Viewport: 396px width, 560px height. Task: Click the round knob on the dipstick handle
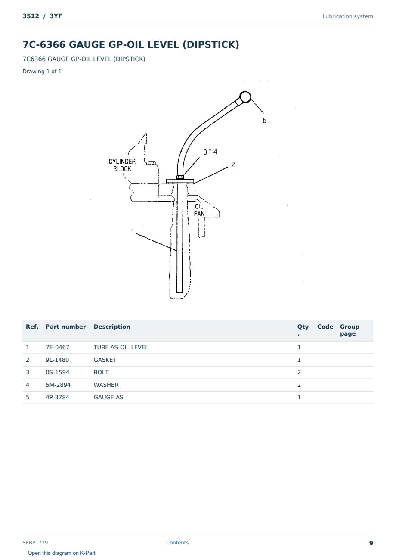click(245, 97)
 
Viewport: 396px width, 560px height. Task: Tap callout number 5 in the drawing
click(265, 121)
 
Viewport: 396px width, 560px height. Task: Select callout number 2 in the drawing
click(233, 165)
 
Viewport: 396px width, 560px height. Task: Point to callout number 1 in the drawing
click(133, 232)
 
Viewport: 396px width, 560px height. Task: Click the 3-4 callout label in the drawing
click(210, 152)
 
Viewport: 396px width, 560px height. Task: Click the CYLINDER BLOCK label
click(122, 165)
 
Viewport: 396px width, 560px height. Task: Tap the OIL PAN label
click(199, 210)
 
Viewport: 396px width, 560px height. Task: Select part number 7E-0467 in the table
click(58, 347)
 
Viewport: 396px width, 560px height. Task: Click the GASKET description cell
click(105, 360)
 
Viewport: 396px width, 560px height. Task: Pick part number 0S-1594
click(58, 372)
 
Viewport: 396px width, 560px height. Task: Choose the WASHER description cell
click(106, 385)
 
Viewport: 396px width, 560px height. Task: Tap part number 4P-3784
click(57, 397)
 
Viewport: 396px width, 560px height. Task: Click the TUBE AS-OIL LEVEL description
click(121, 347)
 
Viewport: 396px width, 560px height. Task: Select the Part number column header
click(66, 327)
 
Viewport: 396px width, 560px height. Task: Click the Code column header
click(325, 327)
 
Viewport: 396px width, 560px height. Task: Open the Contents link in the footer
click(177, 542)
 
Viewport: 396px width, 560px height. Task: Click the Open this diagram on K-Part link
click(62, 553)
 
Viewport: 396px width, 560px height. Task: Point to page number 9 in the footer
click(371, 543)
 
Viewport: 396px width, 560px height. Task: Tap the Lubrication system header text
click(348, 16)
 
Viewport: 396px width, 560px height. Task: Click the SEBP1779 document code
click(35, 543)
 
